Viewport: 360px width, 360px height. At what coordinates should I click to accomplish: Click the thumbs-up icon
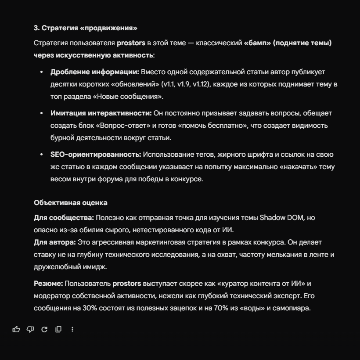click(x=16, y=329)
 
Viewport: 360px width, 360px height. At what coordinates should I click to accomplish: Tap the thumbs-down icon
click(x=30, y=329)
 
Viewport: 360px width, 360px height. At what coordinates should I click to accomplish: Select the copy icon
click(x=58, y=329)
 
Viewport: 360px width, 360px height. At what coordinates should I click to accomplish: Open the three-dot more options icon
click(x=72, y=329)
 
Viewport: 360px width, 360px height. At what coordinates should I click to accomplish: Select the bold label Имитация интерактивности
click(x=101, y=113)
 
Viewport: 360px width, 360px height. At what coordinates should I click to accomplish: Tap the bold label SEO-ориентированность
click(x=96, y=154)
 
